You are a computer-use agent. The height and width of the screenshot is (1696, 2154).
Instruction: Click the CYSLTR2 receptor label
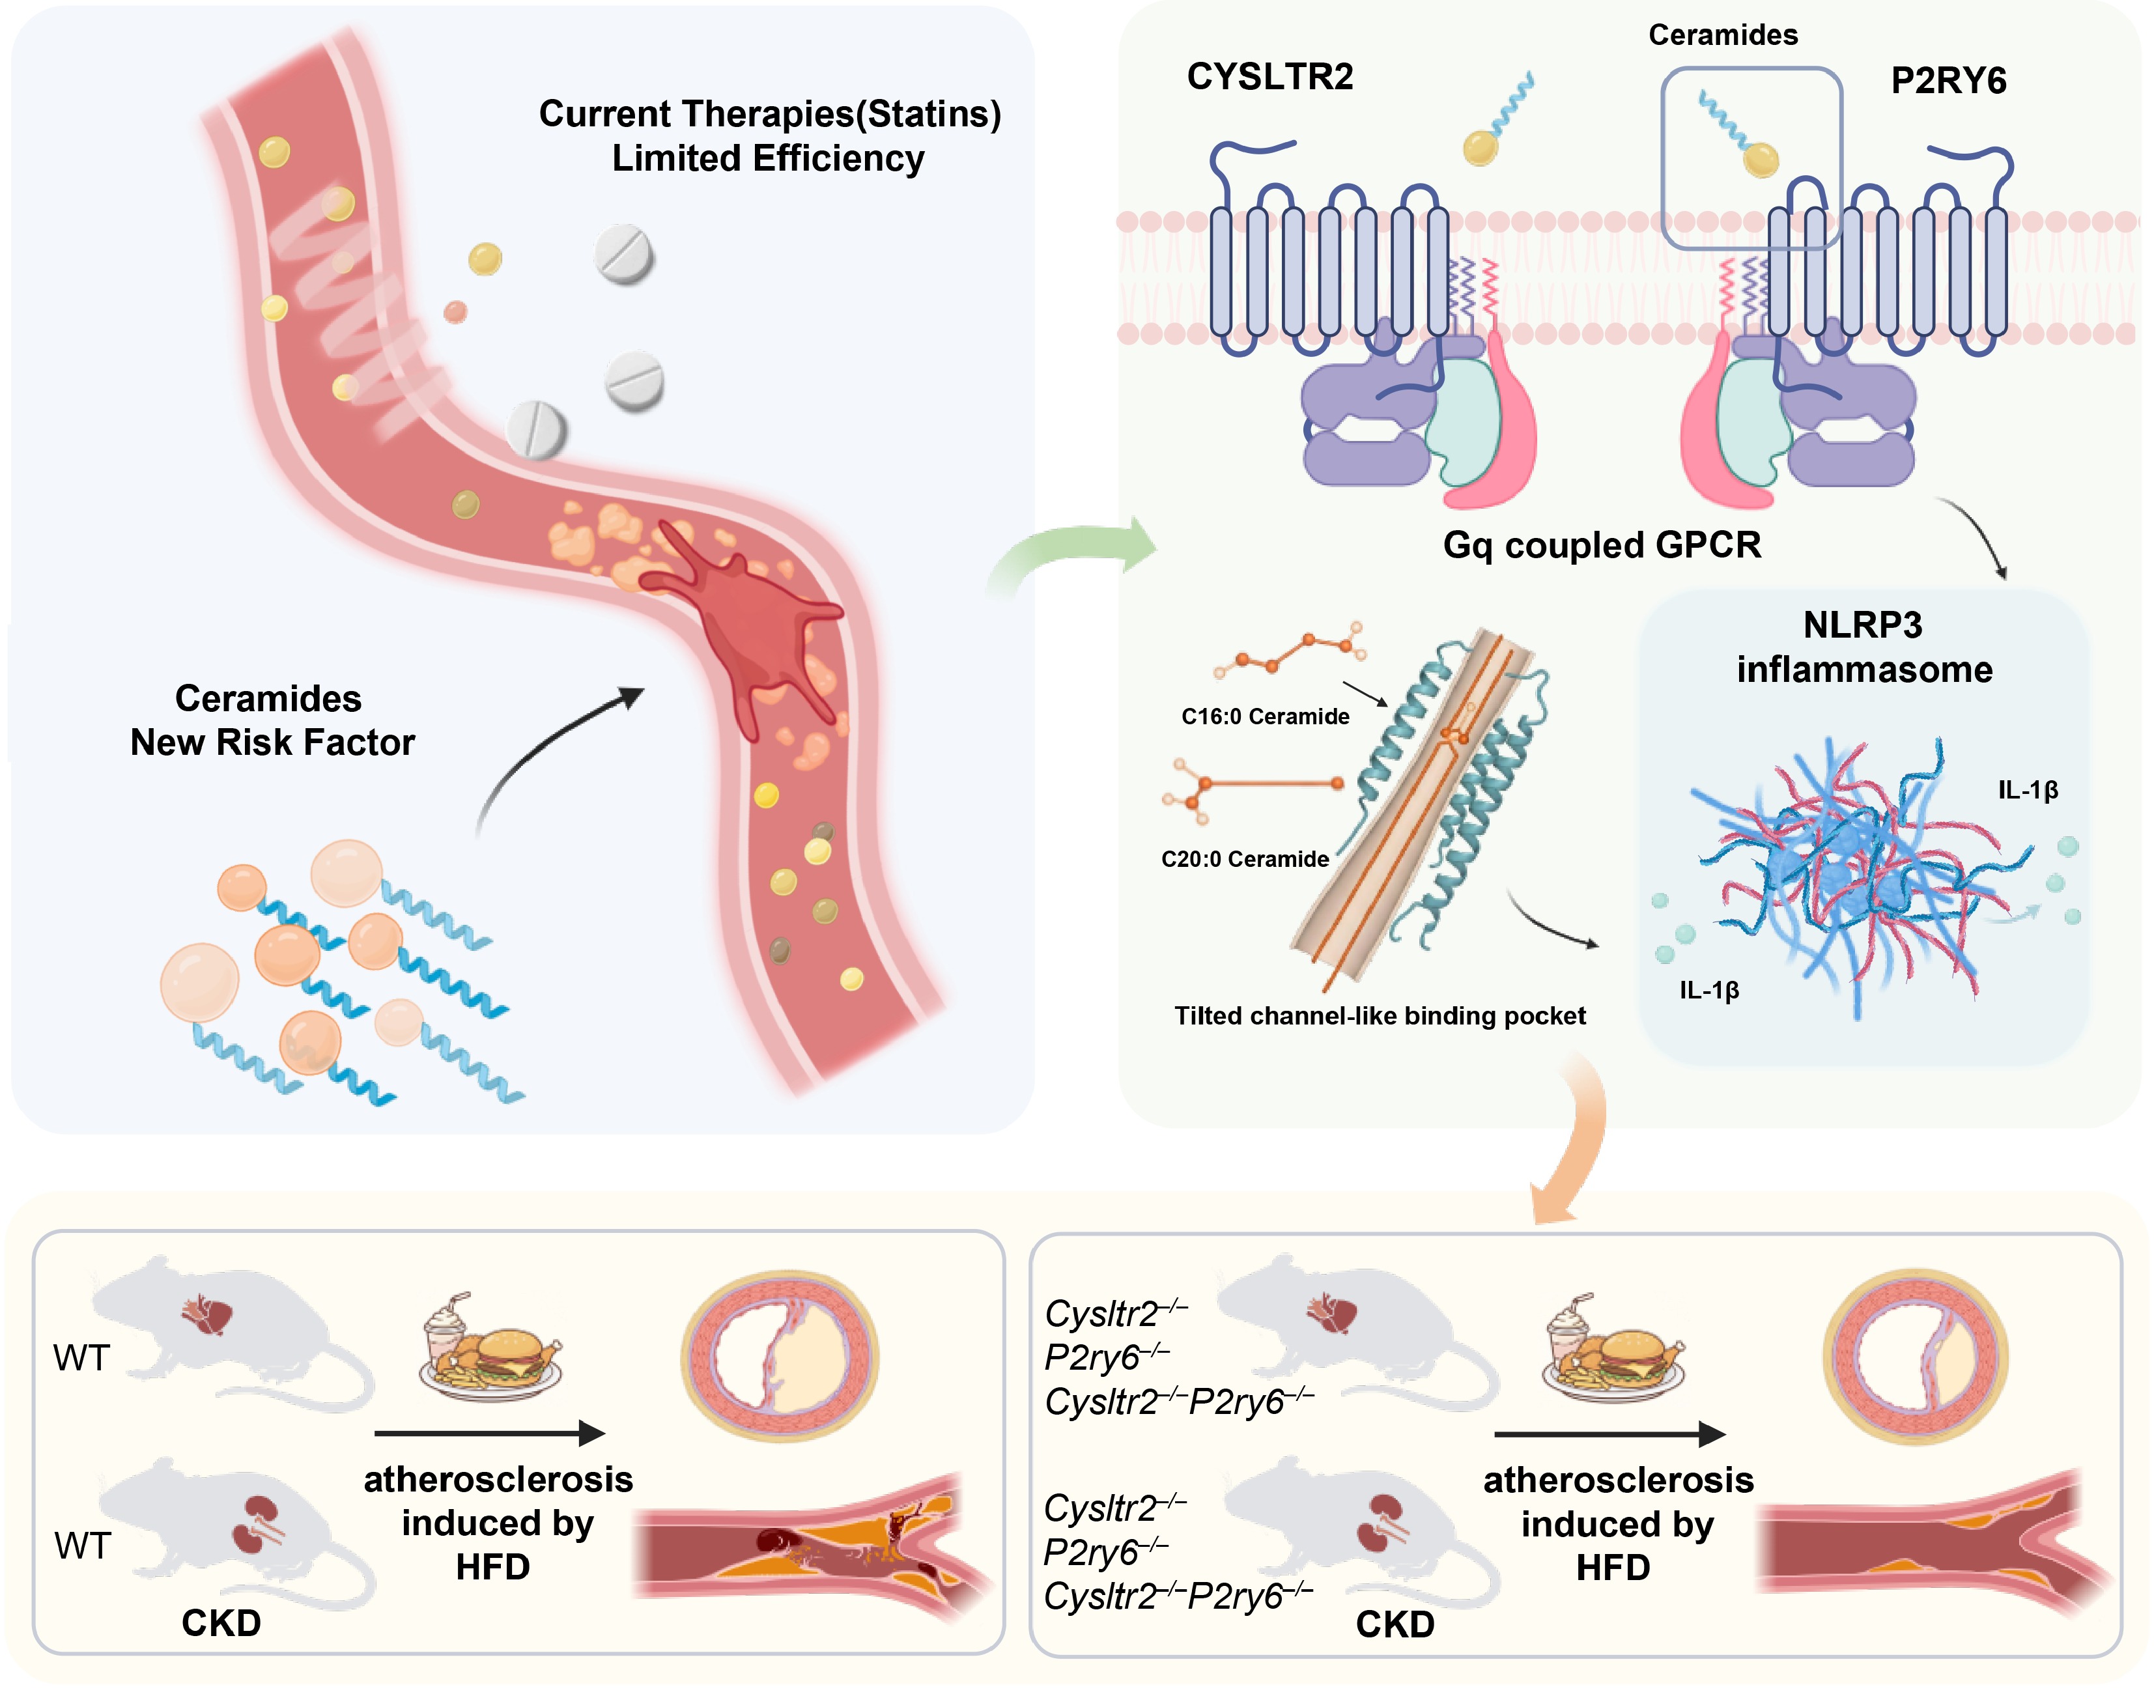click(1269, 76)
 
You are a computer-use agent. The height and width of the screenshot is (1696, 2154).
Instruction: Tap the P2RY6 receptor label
click(1948, 80)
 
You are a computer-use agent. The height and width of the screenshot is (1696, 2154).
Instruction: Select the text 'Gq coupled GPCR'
click(1601, 545)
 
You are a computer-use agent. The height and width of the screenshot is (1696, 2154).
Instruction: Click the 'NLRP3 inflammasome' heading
click(1863, 647)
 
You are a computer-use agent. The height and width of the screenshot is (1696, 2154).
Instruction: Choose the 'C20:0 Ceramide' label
click(1244, 859)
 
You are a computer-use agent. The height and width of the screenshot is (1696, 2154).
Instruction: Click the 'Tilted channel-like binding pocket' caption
click(1380, 1016)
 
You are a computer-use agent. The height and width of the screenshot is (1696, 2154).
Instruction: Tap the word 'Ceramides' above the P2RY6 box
click(1723, 35)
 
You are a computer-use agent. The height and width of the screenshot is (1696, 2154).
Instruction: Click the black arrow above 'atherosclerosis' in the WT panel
click(490, 1433)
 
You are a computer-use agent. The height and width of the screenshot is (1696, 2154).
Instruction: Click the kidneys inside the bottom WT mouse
click(256, 1524)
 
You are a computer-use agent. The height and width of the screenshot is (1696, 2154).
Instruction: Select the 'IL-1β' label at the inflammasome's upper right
click(2027, 791)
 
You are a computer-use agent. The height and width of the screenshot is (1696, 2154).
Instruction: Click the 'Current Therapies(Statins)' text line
click(770, 114)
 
